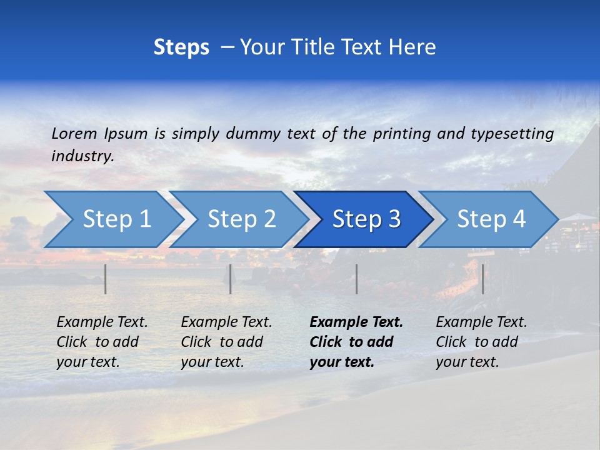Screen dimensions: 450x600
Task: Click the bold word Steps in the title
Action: (181, 47)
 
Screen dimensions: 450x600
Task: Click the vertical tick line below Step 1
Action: (106, 279)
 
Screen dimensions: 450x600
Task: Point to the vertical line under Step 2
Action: (231, 279)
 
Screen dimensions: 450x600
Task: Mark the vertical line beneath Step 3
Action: (357, 279)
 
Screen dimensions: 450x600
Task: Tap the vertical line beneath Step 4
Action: (483, 279)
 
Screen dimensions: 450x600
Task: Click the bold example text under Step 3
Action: (356, 342)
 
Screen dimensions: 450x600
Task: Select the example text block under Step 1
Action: (102, 342)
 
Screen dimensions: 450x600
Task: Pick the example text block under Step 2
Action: (226, 342)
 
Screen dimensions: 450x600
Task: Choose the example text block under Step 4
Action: (481, 342)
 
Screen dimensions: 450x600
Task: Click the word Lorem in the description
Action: (74, 133)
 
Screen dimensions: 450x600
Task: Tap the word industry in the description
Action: (82, 156)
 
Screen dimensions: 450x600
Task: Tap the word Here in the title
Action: (412, 47)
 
